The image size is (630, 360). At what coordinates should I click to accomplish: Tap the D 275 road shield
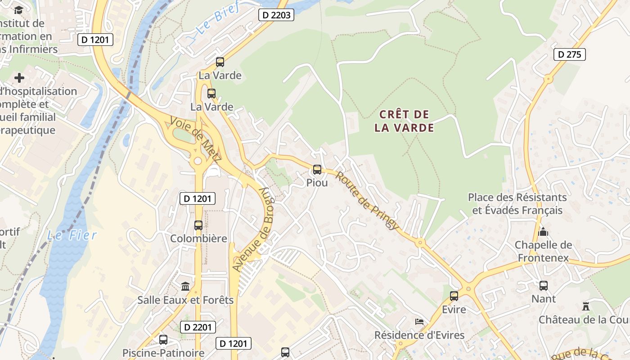pyautogui.click(x=569, y=54)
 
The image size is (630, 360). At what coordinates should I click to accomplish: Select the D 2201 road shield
pyautogui.click(x=198, y=327)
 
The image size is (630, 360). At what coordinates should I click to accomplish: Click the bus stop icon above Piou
pyautogui.click(x=317, y=170)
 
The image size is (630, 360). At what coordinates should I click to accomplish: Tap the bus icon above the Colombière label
pyautogui.click(x=198, y=225)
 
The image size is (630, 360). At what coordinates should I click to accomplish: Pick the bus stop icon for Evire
pyautogui.click(x=454, y=296)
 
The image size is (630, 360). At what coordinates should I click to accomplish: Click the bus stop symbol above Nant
pyautogui.click(x=544, y=285)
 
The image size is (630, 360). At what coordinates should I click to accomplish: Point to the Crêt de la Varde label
pyautogui.click(x=404, y=121)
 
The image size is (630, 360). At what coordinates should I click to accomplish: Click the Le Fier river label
pyautogui.click(x=72, y=235)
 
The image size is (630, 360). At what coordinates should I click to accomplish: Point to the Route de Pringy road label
pyautogui.click(x=367, y=200)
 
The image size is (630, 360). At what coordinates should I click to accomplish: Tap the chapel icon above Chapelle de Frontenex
pyautogui.click(x=543, y=232)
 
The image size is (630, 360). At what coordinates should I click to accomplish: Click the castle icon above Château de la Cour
pyautogui.click(x=586, y=306)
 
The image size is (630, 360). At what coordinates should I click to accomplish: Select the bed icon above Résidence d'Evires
pyautogui.click(x=419, y=321)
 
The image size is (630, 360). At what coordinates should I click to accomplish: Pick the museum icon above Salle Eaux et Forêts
pyautogui.click(x=185, y=286)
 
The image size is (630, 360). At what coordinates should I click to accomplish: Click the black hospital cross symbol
pyautogui.click(x=19, y=78)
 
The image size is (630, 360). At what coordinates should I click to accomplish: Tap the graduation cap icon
pyautogui.click(x=18, y=10)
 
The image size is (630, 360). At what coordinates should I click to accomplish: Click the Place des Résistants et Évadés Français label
pyautogui.click(x=517, y=204)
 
